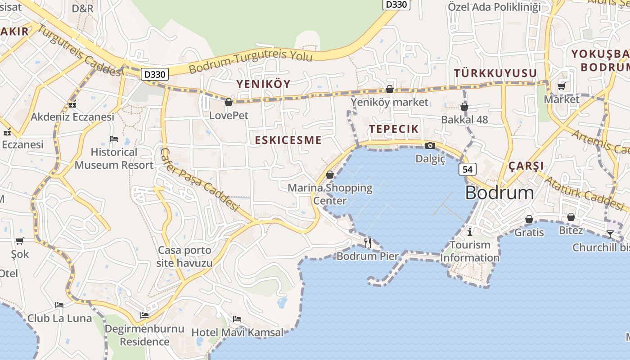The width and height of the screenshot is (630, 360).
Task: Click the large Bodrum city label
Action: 499,193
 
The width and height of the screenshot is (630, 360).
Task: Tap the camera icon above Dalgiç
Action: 430,145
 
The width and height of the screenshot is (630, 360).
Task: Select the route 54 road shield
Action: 468,169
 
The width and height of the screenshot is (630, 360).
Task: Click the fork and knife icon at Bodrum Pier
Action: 368,243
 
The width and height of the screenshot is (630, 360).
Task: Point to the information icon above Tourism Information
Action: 470,232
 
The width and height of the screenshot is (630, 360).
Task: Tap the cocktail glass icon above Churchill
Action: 610,234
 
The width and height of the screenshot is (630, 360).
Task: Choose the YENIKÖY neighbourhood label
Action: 264,84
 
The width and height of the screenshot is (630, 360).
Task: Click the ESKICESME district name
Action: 288,140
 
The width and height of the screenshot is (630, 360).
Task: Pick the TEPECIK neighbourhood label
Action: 394,129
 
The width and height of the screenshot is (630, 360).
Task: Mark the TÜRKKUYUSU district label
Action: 495,73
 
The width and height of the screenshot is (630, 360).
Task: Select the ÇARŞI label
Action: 526,166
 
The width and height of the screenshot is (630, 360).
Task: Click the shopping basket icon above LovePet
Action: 229,103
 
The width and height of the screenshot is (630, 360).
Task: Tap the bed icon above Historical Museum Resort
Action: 114,139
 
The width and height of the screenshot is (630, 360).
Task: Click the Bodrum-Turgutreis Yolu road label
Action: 250,63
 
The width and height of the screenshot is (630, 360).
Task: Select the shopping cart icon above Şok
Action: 19,241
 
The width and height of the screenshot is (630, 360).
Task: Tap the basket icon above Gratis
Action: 529,220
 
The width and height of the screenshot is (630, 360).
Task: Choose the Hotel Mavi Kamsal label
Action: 238,333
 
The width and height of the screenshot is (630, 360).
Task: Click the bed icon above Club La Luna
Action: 59,305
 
